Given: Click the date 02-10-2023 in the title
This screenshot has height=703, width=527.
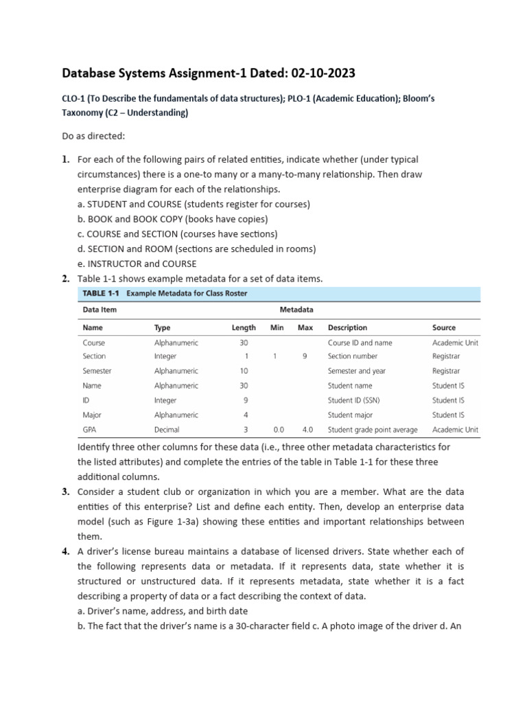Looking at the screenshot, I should [x=318, y=73].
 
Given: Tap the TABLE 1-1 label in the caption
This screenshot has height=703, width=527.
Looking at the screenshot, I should [x=101, y=294].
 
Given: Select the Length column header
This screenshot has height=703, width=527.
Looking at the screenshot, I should [x=244, y=327].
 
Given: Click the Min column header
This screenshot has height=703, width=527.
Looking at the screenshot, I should [x=277, y=327].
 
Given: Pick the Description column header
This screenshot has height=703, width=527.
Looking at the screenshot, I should [x=347, y=327].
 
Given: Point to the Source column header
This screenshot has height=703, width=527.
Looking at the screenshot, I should [x=443, y=327].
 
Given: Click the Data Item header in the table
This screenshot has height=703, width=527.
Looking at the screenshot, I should [x=99, y=310].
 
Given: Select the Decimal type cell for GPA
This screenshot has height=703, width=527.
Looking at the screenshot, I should [x=167, y=430].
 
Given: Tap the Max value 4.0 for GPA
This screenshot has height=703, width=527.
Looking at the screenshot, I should [x=307, y=430].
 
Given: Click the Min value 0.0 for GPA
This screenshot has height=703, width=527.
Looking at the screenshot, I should [x=278, y=430].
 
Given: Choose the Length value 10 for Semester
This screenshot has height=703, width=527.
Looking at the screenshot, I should [x=244, y=371].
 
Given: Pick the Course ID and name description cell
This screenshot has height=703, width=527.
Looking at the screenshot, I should [x=360, y=342].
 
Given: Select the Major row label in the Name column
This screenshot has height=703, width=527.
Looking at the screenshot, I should [x=92, y=415].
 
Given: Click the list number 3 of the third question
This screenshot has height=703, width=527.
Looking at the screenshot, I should [x=66, y=492].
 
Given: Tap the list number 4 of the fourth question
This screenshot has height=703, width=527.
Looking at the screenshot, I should [x=66, y=551].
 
